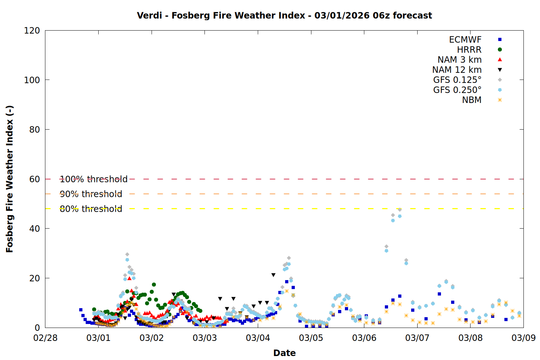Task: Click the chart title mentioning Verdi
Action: coord(284,15)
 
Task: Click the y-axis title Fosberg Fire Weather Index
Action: coord(10,179)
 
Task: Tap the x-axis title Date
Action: coord(284,353)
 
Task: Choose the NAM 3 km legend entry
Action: coord(459,60)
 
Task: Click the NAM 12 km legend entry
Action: coord(457,70)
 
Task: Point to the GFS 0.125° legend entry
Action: coord(457,80)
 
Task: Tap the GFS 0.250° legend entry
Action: coord(457,90)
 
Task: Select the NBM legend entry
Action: coord(472,100)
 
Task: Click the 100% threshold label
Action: coord(94,179)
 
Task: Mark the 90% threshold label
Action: coord(91,194)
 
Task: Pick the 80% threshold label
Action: coord(91,209)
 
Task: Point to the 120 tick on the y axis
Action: coord(32,31)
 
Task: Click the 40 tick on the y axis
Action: coord(35,229)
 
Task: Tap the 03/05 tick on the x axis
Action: coord(311,338)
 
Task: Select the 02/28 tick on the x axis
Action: coord(45,338)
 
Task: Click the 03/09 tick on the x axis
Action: coord(523,338)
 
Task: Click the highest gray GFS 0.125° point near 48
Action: coord(400,210)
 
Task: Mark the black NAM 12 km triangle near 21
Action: coord(274,275)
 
